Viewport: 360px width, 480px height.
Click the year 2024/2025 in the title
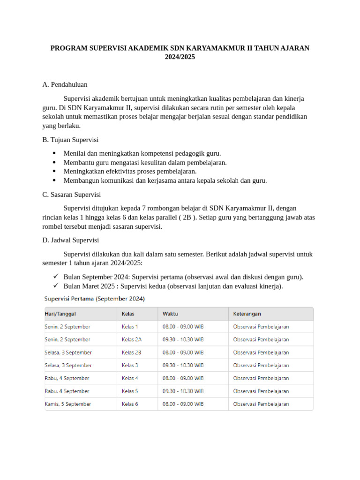click(180, 57)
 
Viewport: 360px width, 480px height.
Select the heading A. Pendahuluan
click(65, 85)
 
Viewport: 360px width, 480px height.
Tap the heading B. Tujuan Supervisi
click(70, 140)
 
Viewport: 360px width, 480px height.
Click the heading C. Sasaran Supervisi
click(71, 195)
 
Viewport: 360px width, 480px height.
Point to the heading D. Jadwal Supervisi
click(70, 240)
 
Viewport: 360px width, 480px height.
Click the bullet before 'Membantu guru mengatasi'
click(55, 163)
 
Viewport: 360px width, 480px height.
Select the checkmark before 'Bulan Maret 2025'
click(55, 286)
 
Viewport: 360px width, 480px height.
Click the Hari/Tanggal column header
click(60, 314)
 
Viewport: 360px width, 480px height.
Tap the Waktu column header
click(170, 314)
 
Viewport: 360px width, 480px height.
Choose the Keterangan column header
click(247, 314)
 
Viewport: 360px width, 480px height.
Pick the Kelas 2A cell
click(131, 339)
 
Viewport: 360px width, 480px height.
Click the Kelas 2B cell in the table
click(131, 352)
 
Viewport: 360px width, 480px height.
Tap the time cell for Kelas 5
click(183, 391)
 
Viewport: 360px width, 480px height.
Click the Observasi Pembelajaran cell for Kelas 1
click(261, 327)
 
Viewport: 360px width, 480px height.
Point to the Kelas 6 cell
click(130, 404)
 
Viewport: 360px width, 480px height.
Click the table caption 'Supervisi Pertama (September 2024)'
click(94, 298)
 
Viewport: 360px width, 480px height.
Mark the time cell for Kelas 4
click(183, 378)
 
